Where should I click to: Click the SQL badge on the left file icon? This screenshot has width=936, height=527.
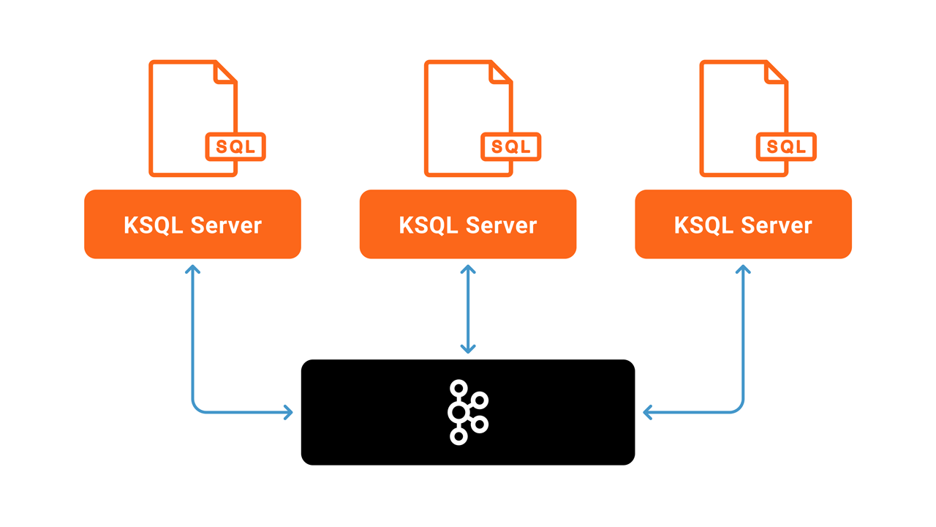(x=235, y=147)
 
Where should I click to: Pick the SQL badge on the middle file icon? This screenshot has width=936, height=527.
(x=510, y=147)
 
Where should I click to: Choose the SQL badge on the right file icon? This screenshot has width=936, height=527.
(x=786, y=147)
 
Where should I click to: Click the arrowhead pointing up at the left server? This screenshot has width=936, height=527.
(x=192, y=269)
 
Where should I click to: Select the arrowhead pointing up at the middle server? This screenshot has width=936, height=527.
(x=468, y=269)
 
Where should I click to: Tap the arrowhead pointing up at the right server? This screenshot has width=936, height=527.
(x=743, y=269)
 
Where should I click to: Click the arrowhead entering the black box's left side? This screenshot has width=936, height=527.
(x=287, y=413)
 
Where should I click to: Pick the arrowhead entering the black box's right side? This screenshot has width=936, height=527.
(x=648, y=413)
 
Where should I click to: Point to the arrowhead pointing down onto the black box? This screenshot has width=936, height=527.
(x=468, y=348)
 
